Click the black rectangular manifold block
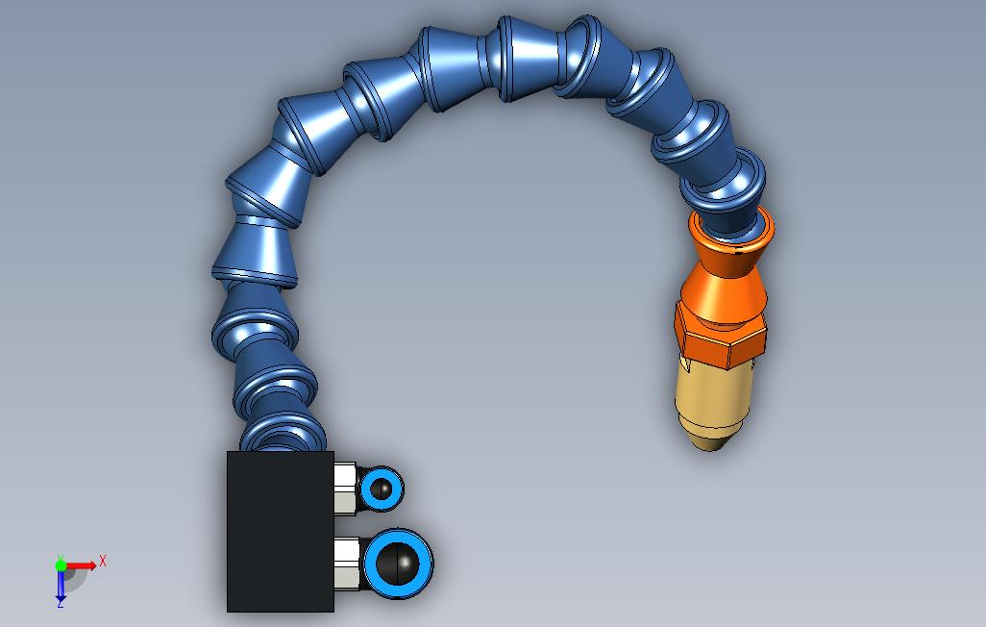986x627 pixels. (x=280, y=531)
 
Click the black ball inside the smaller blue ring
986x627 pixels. (x=381, y=489)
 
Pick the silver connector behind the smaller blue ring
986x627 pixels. (x=345, y=488)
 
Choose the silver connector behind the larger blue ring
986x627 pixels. (x=348, y=564)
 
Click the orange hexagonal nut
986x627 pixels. (x=720, y=337)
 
